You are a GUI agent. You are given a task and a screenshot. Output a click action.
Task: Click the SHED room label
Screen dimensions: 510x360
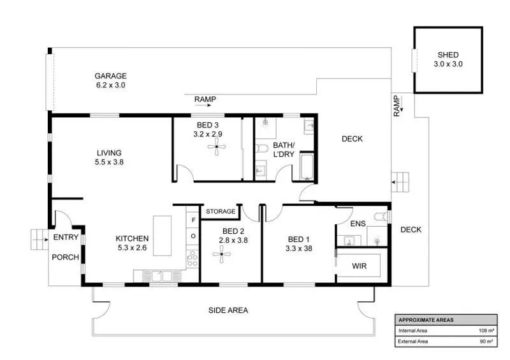(448, 55)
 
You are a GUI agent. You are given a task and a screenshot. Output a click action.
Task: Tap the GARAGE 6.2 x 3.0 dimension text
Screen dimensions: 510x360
(110, 85)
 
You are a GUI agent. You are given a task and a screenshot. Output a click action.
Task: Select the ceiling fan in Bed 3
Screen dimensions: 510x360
(217, 147)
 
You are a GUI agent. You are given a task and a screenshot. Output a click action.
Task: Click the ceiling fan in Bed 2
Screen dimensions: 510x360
(221, 254)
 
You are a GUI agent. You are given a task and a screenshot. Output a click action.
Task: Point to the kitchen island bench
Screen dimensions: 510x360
(163, 236)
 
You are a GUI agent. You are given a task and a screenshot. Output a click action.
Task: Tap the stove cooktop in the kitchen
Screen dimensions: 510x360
(193, 259)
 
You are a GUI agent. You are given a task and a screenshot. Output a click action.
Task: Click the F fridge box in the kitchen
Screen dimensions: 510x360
(193, 220)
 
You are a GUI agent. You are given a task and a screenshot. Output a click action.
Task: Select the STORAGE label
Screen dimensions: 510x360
(221, 212)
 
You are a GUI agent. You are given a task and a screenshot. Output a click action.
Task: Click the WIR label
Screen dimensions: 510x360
(359, 266)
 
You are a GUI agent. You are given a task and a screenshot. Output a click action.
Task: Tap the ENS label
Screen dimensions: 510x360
(358, 224)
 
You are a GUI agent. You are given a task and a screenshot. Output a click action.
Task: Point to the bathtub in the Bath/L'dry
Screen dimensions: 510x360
(307, 167)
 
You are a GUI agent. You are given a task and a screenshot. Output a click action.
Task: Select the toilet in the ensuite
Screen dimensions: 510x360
(381, 217)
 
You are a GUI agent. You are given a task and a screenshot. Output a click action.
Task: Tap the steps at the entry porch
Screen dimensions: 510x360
(40, 240)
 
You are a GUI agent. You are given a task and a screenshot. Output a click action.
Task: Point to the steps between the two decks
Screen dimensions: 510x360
(400, 182)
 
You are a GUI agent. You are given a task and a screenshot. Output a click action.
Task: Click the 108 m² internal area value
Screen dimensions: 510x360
(486, 331)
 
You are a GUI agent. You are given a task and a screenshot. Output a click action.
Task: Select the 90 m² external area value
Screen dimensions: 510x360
(486, 342)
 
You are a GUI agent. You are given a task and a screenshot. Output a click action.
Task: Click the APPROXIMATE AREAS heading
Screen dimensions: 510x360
(426, 320)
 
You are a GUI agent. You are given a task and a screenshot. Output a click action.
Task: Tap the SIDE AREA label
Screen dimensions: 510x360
(228, 310)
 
